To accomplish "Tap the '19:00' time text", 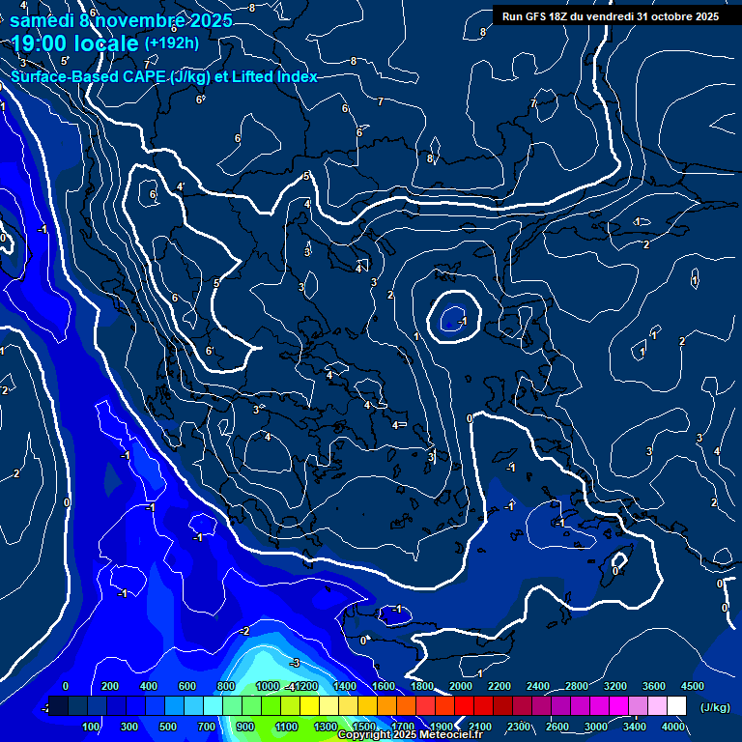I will tap(41, 43).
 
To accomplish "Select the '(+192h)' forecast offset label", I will tap(172, 43).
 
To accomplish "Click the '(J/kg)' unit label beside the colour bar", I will tap(715, 708).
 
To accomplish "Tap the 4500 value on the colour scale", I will tap(692, 686).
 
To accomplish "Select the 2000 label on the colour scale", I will tap(461, 686).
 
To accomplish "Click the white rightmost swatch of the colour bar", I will tap(676, 706).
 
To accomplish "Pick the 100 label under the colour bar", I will tap(91, 727).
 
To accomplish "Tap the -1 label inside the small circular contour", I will tap(463, 321).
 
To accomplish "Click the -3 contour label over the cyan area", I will tap(296, 663).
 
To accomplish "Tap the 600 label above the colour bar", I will tap(186, 686).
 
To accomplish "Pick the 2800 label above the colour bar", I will tap(576, 686).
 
